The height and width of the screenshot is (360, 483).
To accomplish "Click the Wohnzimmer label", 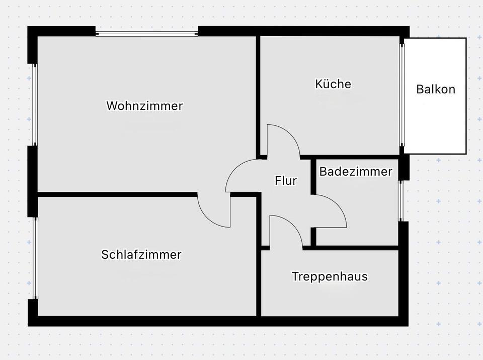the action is pos(144,106).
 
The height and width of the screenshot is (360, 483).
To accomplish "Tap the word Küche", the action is pos(333,84).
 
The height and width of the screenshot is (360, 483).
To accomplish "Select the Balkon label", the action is pos(436,90).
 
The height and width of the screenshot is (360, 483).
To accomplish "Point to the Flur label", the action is pos(286,180).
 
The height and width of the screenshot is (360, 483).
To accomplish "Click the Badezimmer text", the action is pos(356,172).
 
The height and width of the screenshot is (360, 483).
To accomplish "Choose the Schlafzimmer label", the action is pos(141,254).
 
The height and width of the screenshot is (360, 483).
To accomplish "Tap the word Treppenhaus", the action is pos(330,276).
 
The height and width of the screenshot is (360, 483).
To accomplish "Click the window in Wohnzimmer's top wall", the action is pos(147,34).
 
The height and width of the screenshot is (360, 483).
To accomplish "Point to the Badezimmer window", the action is pos(401,200).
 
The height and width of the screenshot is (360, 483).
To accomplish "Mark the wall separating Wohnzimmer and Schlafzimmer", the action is pos(116,194).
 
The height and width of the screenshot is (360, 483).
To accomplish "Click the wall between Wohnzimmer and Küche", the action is pos(258,96).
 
